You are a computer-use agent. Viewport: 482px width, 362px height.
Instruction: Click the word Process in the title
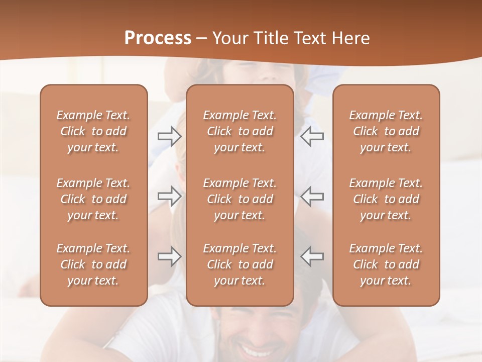point(158,38)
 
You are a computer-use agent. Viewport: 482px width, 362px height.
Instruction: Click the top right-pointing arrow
point(169,136)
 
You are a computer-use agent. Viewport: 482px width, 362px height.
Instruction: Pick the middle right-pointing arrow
point(169,196)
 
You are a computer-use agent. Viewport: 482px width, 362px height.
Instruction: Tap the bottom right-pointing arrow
point(169,256)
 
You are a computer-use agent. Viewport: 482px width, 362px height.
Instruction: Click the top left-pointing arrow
point(312,136)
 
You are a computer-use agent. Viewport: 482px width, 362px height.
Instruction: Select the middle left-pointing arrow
point(312,196)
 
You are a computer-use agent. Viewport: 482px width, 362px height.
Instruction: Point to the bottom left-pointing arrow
point(312,256)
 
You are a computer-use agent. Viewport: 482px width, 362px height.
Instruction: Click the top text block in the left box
point(93,131)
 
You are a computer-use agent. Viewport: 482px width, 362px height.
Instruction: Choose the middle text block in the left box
point(93,199)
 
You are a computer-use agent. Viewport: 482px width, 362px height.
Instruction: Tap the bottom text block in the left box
point(93,264)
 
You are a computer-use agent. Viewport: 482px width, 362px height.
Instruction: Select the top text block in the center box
point(240,131)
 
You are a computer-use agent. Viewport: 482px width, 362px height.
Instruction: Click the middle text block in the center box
point(240,199)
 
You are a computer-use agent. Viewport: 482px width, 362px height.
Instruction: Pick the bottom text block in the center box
point(240,264)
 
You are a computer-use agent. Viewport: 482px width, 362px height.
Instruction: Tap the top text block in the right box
point(386,131)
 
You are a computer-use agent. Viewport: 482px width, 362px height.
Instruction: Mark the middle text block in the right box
point(386,199)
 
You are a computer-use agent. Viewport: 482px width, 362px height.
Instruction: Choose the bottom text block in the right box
point(386,264)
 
